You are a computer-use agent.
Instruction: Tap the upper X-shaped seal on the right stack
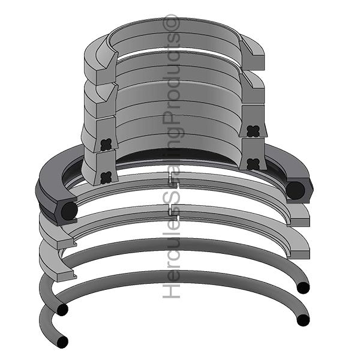(251, 130)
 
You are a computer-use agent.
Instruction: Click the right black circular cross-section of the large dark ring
(295, 190)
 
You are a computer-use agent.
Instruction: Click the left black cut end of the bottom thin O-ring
(62, 342)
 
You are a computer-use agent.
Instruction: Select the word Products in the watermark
(174, 78)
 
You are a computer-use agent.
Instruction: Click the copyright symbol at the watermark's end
(174, 24)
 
